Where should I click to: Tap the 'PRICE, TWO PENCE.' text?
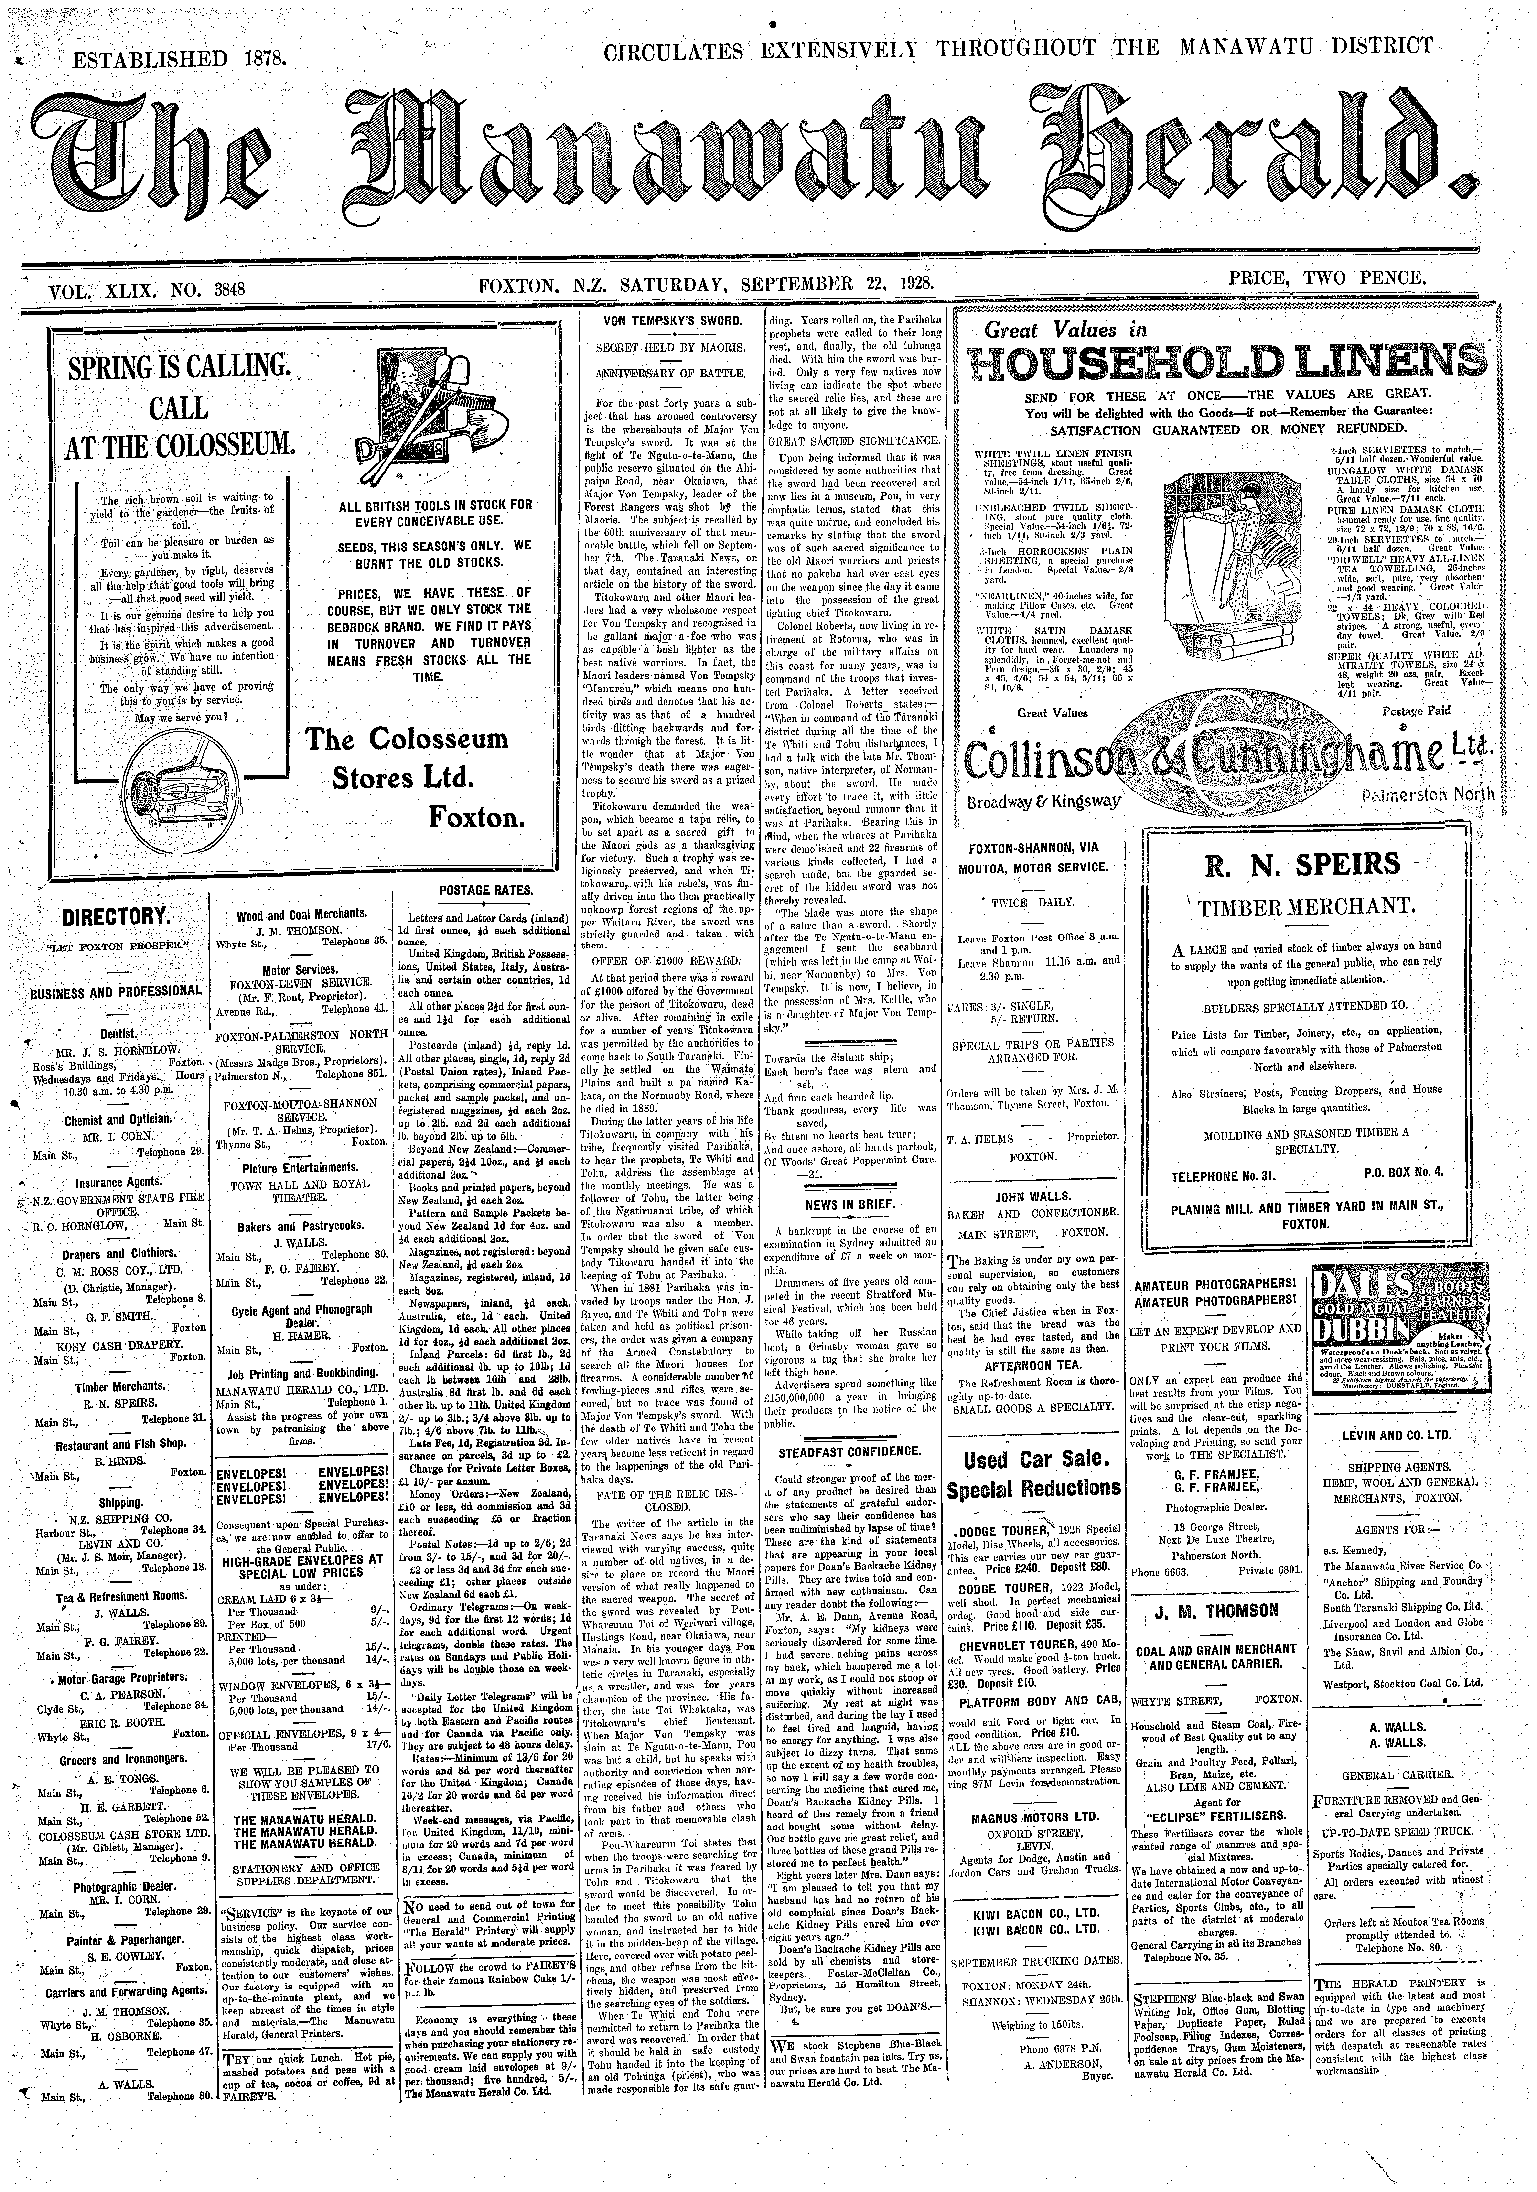1327,280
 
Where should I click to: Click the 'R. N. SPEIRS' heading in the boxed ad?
1305,865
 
